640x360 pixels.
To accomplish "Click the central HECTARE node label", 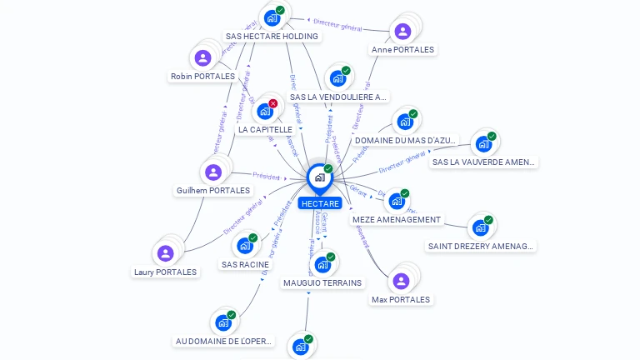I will (x=320, y=203).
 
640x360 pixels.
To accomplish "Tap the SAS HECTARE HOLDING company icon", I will (x=272, y=17).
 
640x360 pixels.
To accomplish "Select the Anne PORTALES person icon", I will (x=402, y=32).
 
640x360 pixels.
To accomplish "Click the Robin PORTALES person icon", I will (x=202, y=58).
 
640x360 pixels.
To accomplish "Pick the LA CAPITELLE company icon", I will (x=265, y=111).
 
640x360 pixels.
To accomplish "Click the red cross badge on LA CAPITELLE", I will (x=272, y=103).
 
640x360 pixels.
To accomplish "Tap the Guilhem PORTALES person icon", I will (x=213, y=172).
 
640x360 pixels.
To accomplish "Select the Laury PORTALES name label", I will (x=165, y=272).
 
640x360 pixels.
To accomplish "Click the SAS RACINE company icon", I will (x=245, y=246).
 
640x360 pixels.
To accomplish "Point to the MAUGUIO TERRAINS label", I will (x=322, y=282).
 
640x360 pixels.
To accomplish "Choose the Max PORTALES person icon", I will (x=401, y=281).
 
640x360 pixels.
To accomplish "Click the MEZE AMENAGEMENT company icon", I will (x=397, y=201).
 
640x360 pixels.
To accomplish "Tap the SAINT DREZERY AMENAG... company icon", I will (x=480, y=227).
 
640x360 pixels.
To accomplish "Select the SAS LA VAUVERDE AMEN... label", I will (x=484, y=162).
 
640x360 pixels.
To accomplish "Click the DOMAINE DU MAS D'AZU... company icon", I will (x=405, y=122).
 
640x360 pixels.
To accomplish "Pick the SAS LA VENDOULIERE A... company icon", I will (x=337, y=78).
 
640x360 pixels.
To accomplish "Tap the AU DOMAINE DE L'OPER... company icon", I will (x=222, y=322).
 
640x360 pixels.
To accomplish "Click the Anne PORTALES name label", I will (x=402, y=49).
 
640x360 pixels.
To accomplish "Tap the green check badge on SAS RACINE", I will (x=252, y=238).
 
